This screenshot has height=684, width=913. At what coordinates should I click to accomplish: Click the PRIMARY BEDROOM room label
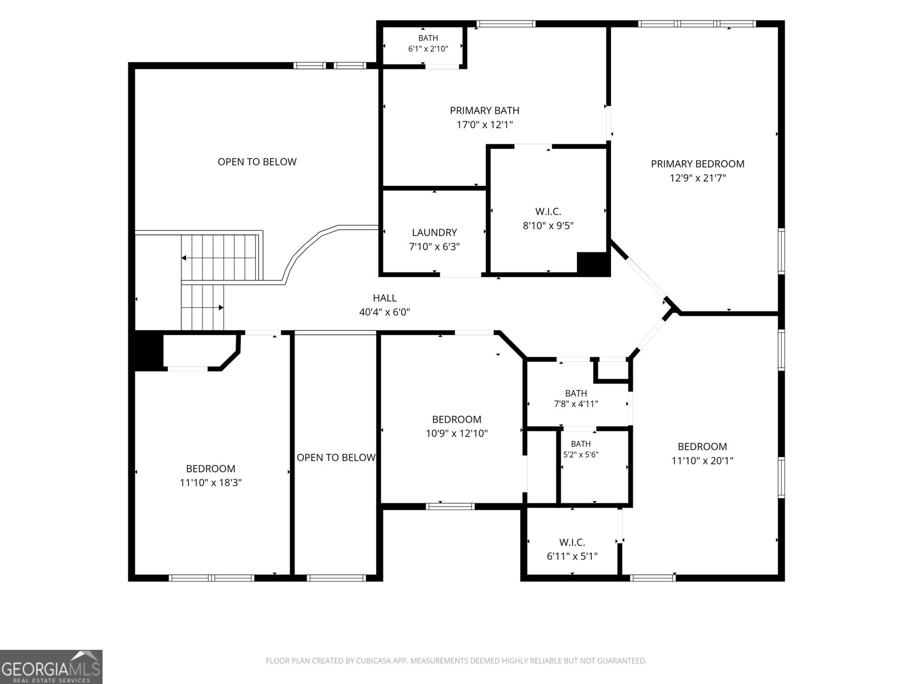tap(697, 164)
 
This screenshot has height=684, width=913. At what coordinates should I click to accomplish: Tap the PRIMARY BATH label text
tap(484, 111)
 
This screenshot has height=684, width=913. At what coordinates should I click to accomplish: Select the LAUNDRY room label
tap(434, 233)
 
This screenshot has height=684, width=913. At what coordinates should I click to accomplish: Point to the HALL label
tap(385, 298)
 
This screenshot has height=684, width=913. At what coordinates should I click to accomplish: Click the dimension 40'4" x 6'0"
tap(385, 312)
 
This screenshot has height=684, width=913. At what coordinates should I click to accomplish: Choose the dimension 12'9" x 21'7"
tap(697, 178)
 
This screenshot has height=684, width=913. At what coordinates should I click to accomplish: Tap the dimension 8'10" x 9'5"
tap(548, 226)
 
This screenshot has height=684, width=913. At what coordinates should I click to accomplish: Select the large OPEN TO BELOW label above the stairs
tap(257, 162)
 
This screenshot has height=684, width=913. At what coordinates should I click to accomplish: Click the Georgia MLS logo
tap(51, 666)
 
